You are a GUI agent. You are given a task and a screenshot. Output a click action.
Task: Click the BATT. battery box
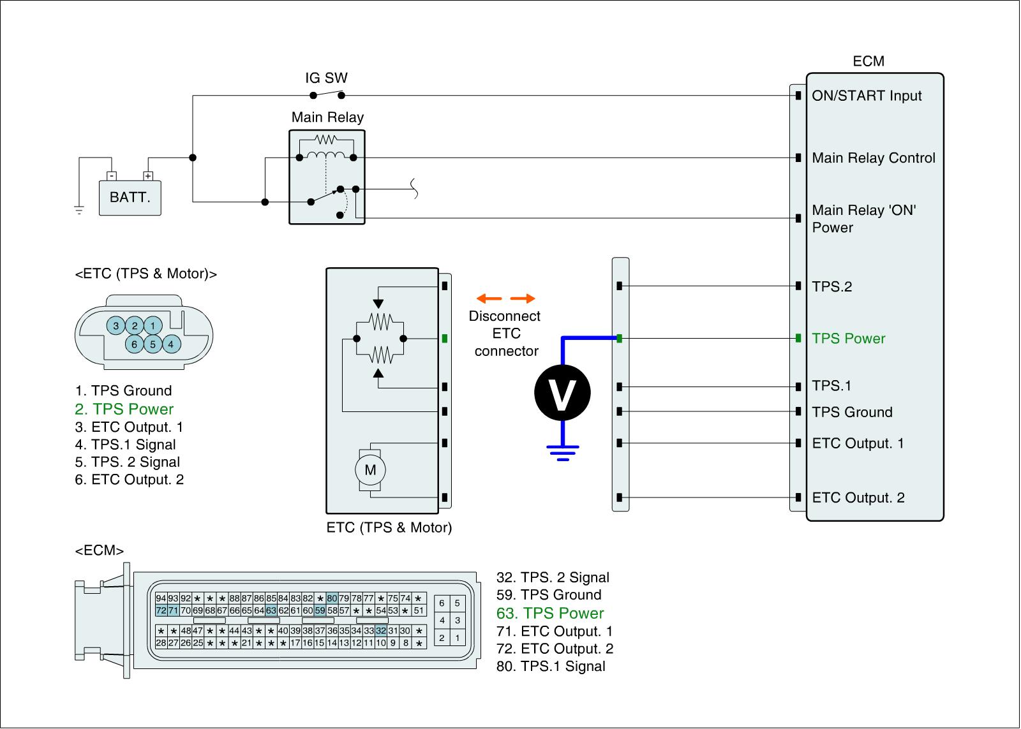pyautogui.click(x=130, y=197)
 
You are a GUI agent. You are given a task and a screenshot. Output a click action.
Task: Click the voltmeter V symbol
pyautogui.click(x=562, y=392)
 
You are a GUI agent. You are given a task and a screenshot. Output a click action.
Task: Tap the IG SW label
pyautogui.click(x=326, y=78)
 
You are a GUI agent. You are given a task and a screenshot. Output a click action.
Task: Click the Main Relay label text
pyautogui.click(x=327, y=117)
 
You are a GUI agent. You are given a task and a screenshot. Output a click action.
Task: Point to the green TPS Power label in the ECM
pyautogui.click(x=848, y=339)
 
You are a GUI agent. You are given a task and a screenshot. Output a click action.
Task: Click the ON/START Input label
pyautogui.click(x=867, y=96)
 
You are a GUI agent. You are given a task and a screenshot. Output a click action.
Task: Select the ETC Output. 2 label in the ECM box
pyautogui.click(x=858, y=498)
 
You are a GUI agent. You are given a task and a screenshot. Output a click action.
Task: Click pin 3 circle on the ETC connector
pyautogui.click(x=116, y=326)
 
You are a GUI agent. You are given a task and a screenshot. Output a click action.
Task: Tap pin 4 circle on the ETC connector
pyautogui.click(x=170, y=344)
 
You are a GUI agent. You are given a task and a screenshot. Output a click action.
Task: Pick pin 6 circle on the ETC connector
pyautogui.click(x=134, y=344)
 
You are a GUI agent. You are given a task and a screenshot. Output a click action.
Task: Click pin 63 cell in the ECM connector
pyautogui.click(x=271, y=611)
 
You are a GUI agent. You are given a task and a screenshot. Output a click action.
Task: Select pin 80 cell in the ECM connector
pyautogui.click(x=332, y=598)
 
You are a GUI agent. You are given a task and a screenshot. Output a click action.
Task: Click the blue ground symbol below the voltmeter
pyautogui.click(x=562, y=452)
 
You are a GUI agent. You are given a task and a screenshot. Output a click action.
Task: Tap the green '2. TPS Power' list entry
pyautogui.click(x=124, y=409)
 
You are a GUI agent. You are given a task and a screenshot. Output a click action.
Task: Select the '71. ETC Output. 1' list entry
pyautogui.click(x=555, y=631)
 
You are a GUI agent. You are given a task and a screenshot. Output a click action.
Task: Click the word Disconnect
pyautogui.click(x=505, y=316)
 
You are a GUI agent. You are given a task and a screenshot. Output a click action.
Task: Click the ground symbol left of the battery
pyautogui.click(x=79, y=209)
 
